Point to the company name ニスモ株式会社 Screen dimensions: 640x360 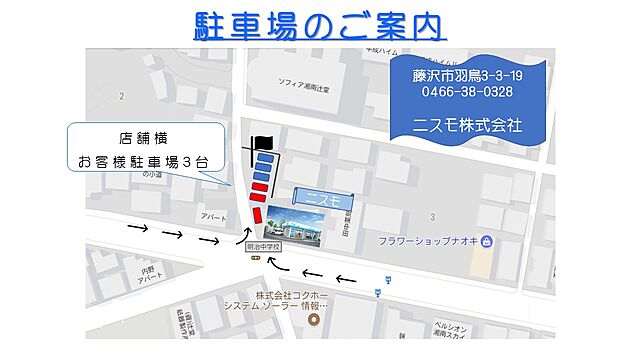(x=468, y=126)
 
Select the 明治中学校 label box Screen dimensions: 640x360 (x=263, y=244)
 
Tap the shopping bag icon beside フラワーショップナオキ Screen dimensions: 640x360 (x=486, y=241)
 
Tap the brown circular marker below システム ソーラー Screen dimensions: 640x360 (x=314, y=321)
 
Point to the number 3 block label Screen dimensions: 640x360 (x=431, y=216)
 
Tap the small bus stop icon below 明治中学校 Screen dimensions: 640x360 (x=254, y=257)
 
